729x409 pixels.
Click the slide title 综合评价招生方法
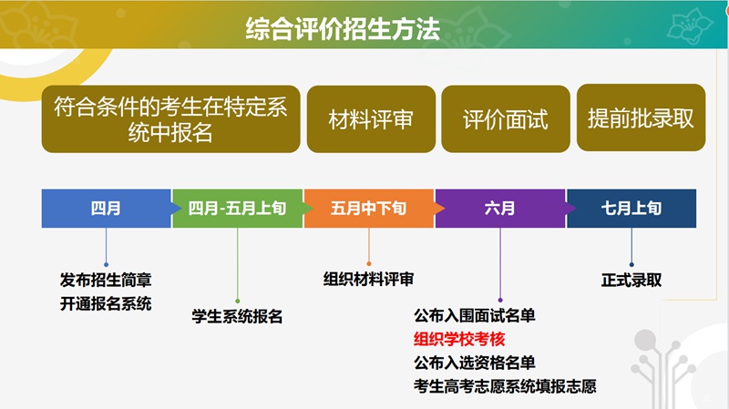click(x=343, y=29)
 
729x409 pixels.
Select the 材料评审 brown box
click(x=371, y=118)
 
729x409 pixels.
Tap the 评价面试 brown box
click(x=506, y=118)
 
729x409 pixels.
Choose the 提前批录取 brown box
click(x=641, y=118)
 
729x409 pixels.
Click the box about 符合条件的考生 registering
click(x=170, y=118)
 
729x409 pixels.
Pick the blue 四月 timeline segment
click(x=107, y=209)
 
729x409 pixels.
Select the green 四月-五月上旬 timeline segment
click(x=238, y=209)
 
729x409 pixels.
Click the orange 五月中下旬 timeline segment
click(x=369, y=209)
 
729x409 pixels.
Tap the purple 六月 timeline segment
click(x=500, y=209)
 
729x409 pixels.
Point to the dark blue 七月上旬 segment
click(x=631, y=209)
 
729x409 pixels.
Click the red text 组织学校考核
click(x=459, y=339)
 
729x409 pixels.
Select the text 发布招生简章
click(x=106, y=280)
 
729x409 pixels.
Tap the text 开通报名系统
click(x=106, y=303)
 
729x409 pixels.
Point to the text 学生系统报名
click(x=237, y=316)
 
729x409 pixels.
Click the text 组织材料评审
click(x=369, y=279)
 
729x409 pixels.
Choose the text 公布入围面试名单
click(x=475, y=315)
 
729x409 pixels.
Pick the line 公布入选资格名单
click(x=475, y=362)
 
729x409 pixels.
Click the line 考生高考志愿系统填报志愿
click(x=505, y=385)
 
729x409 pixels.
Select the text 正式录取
click(x=631, y=280)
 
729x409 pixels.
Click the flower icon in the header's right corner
click(x=690, y=25)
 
